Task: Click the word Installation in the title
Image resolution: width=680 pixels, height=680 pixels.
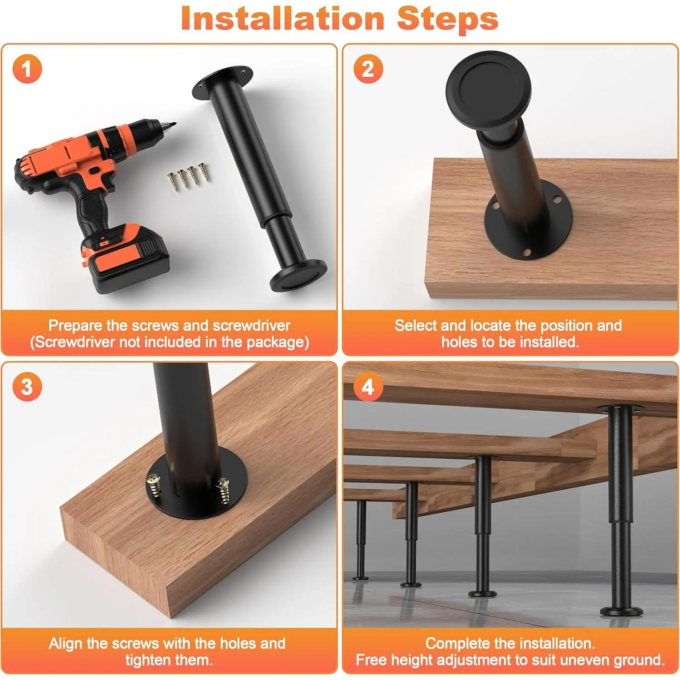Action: click(x=282, y=19)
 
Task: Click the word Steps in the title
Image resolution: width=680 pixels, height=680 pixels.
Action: click(x=448, y=19)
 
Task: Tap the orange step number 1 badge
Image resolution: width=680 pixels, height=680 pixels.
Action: click(x=27, y=69)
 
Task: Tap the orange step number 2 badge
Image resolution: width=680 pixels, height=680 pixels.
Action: click(x=368, y=69)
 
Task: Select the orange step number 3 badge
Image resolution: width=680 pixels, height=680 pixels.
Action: click(x=27, y=387)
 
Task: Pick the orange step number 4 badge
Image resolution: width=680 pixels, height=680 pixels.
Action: click(x=368, y=387)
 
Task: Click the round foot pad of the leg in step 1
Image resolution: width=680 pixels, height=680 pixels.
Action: click(x=298, y=275)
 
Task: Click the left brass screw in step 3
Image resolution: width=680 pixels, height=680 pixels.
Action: click(x=155, y=486)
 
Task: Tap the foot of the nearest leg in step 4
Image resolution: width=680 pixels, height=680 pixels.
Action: click(x=622, y=612)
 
